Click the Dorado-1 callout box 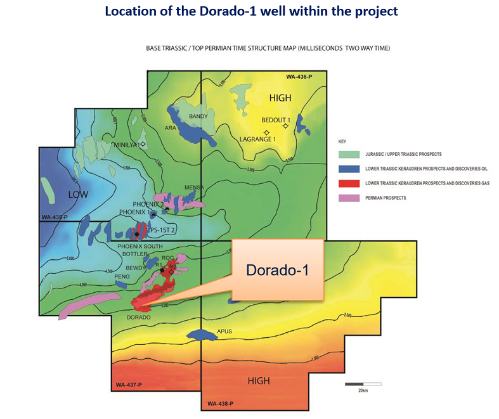[x=278, y=269]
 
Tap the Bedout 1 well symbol [x=285, y=126]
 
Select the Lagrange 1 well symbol [x=249, y=132]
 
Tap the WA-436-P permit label [x=299, y=77]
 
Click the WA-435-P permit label [x=55, y=217]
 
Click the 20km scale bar [x=363, y=384]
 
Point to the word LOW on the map [x=75, y=193]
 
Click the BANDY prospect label [x=198, y=116]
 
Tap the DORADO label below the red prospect [x=139, y=316]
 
